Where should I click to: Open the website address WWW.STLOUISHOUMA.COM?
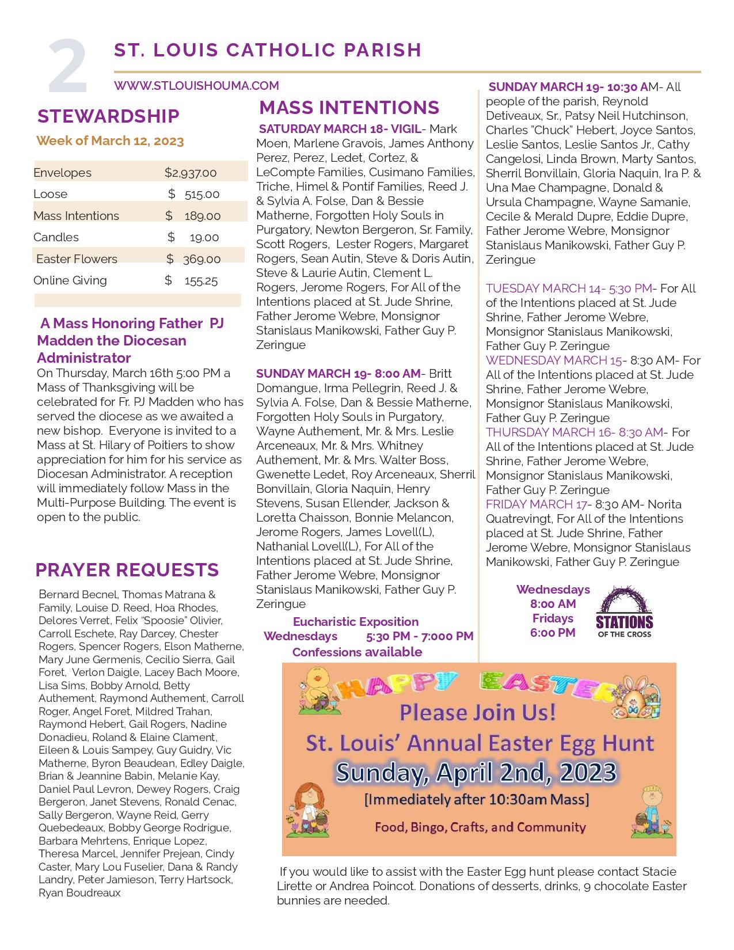tap(196, 86)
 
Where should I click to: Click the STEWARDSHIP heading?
tap(108, 116)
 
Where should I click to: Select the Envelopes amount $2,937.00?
tap(190, 173)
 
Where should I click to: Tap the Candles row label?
tap(56, 237)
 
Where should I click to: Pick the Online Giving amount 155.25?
tap(201, 281)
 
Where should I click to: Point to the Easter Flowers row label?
tap(77, 259)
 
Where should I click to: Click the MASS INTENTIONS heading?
tap(349, 108)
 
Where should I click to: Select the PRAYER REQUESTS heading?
tap(127, 570)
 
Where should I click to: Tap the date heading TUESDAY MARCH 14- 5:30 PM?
tap(569, 288)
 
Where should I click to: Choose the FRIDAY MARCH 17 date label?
tap(536, 504)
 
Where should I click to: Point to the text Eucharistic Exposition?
tap(355, 622)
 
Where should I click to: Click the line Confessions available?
tap(357, 652)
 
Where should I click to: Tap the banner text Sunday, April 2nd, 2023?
tap(476, 772)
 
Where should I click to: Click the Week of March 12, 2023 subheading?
tap(110, 141)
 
